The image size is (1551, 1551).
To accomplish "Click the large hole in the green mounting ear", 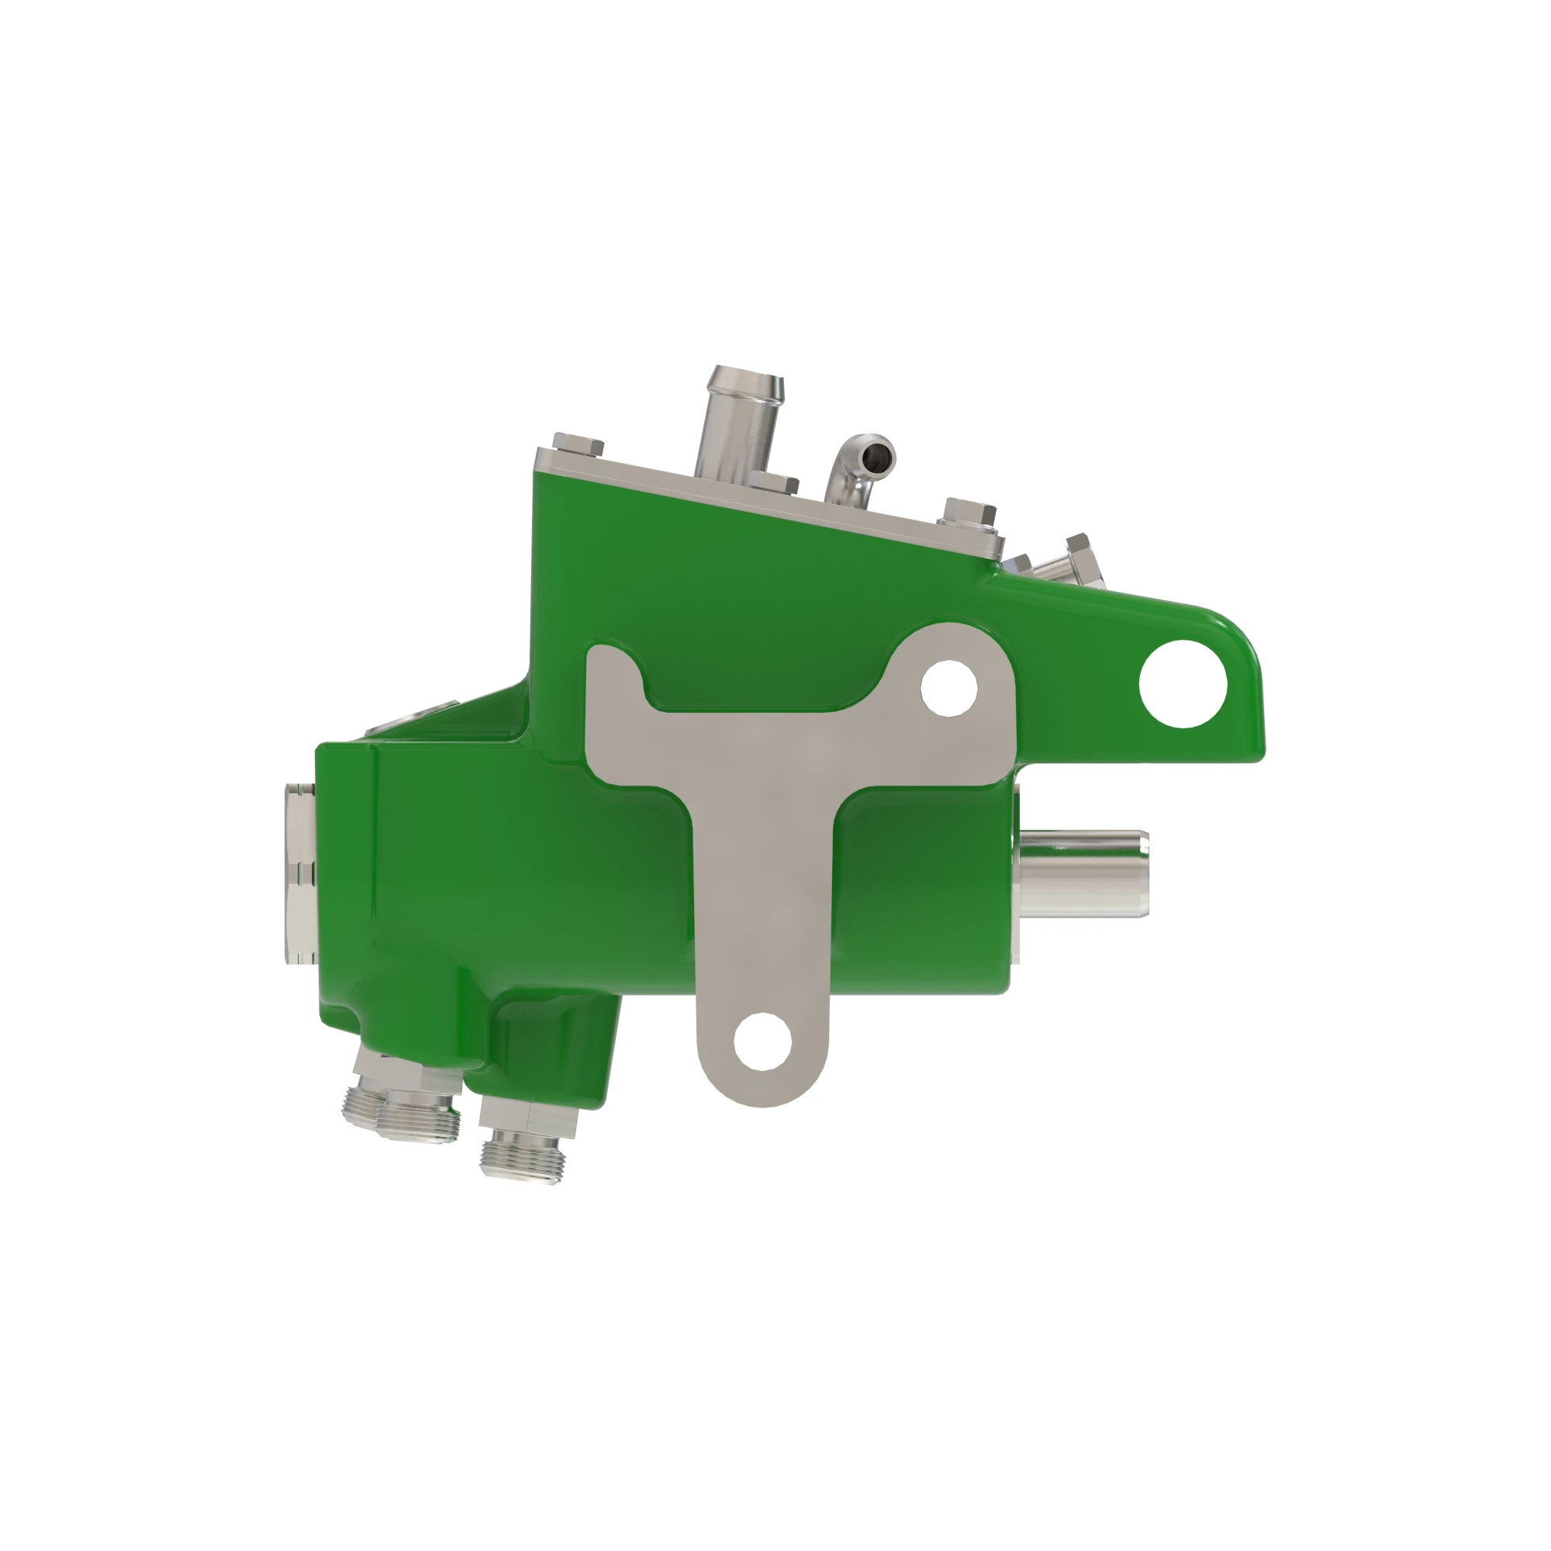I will (1183, 684).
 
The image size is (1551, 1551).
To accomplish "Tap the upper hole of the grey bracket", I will (949, 688).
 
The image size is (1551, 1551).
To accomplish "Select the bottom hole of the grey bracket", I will (762, 1041).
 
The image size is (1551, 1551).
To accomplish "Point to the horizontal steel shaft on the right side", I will (1084, 873).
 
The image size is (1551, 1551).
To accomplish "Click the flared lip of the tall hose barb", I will (744, 378).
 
